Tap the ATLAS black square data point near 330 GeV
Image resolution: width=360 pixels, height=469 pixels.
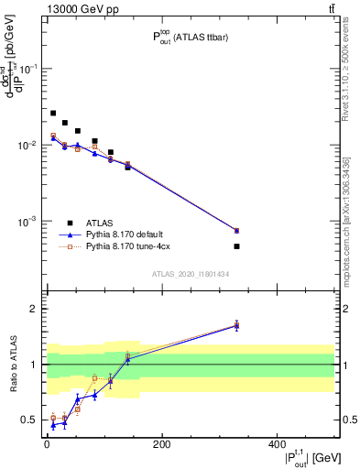pyautogui.click(x=236, y=246)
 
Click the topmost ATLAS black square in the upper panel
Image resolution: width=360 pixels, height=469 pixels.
pyautogui.click(x=53, y=114)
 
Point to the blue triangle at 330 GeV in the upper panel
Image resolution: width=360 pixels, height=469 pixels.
pyautogui.click(x=236, y=230)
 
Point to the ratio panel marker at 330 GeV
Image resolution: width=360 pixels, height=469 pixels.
pyautogui.click(x=236, y=325)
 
